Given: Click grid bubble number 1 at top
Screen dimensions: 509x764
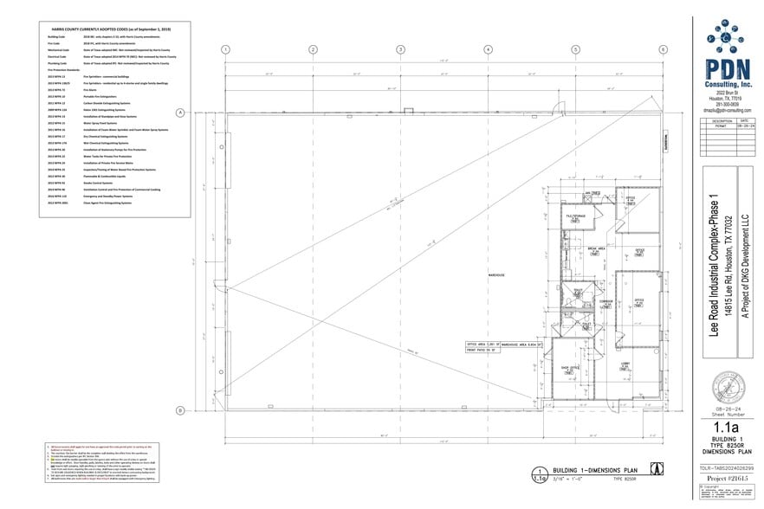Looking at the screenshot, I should [x=226, y=49].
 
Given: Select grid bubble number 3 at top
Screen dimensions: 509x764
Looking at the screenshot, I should [x=401, y=49].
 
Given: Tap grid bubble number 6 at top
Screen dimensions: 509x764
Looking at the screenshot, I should [x=664, y=49].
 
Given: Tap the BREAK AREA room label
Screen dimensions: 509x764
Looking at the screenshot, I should [x=596, y=248].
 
